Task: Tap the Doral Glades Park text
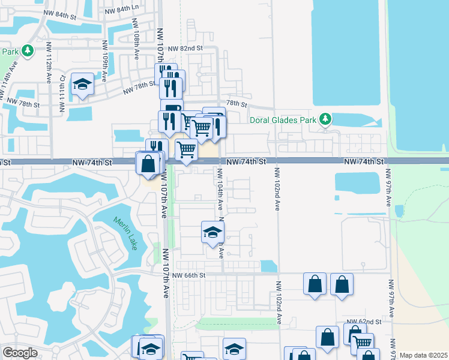click(x=282, y=120)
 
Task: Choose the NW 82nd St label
click(x=185, y=48)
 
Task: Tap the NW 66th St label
click(x=188, y=275)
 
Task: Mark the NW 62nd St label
click(x=364, y=322)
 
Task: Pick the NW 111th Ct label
click(x=61, y=95)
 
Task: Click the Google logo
click(x=20, y=353)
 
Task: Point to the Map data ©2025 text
click(x=423, y=355)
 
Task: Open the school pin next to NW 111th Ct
click(x=82, y=85)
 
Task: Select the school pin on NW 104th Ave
click(x=212, y=232)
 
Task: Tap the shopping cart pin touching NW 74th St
click(x=187, y=150)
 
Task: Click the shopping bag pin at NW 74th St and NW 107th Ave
click(x=148, y=164)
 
